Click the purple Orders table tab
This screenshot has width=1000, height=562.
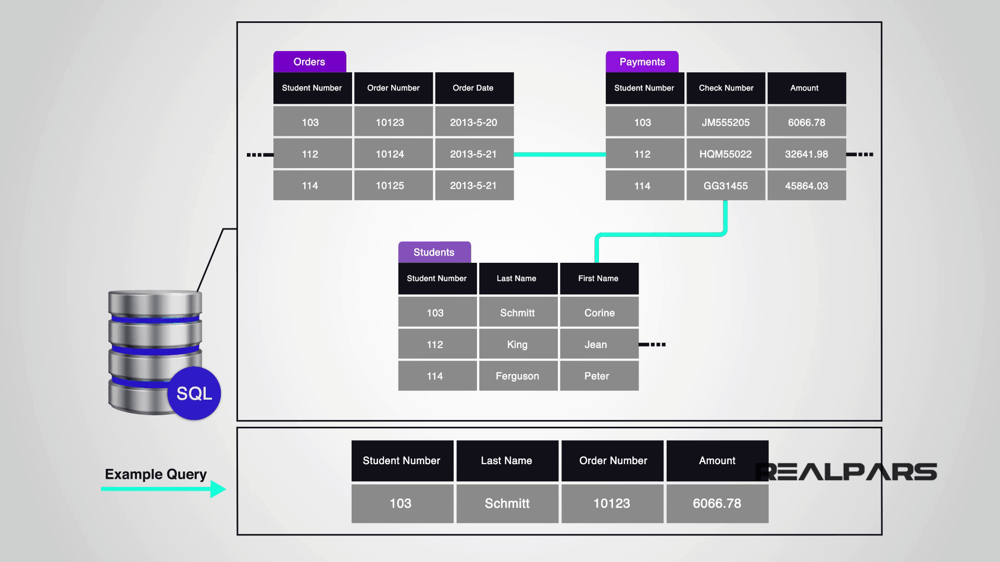[x=309, y=62]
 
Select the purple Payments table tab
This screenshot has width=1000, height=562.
[x=642, y=62]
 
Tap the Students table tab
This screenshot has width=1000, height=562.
[x=434, y=252]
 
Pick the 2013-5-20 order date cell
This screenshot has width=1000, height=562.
[x=474, y=122]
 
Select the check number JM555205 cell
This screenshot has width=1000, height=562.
[x=726, y=122]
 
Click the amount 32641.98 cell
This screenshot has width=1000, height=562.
[x=806, y=154]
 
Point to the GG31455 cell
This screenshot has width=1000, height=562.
[x=726, y=186]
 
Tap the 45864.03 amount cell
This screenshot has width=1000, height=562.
[x=806, y=186]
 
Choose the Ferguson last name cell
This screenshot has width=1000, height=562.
[x=518, y=376]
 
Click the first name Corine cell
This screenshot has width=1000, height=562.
[x=599, y=313]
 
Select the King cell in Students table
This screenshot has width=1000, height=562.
[x=518, y=344]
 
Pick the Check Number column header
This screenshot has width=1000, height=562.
[x=726, y=88]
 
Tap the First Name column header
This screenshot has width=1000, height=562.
[x=599, y=278]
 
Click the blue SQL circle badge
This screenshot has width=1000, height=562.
[x=194, y=393]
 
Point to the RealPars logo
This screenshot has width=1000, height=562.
[x=846, y=472]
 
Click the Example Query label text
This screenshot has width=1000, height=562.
[x=156, y=474]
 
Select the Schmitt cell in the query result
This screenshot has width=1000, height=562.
[x=507, y=503]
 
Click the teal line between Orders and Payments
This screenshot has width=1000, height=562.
[x=559, y=155]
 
